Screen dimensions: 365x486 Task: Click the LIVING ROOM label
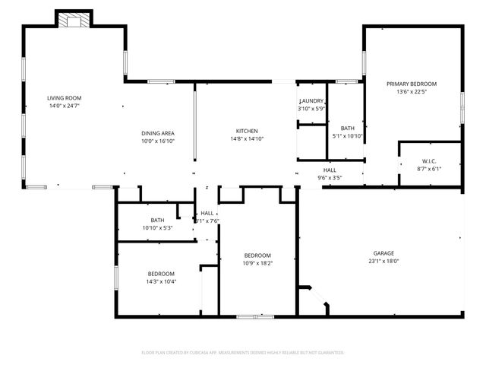pos(64,98)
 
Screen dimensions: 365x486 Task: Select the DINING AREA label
pos(158,133)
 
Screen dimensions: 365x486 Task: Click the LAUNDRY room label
pos(311,101)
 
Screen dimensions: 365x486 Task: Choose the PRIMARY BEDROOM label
pos(412,84)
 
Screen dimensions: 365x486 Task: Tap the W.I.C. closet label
pos(430,161)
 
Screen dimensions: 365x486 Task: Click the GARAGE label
pos(383,253)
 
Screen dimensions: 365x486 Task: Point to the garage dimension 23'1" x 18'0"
pos(383,262)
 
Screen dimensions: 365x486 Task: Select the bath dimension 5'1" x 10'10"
pos(348,136)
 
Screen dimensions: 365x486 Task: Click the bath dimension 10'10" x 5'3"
pos(157,228)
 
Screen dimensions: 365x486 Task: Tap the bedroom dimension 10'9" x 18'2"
pos(257,263)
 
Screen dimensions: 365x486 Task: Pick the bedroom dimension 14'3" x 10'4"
pos(161,281)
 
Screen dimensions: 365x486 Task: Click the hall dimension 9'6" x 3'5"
pos(330,178)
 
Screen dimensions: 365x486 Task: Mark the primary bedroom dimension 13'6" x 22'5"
pos(412,92)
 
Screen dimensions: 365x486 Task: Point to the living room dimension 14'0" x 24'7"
pos(64,106)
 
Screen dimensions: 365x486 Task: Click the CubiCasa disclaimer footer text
pos(243,353)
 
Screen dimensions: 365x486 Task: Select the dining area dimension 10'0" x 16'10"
pos(158,141)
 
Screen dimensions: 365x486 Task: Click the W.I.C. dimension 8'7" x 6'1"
pos(430,169)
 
